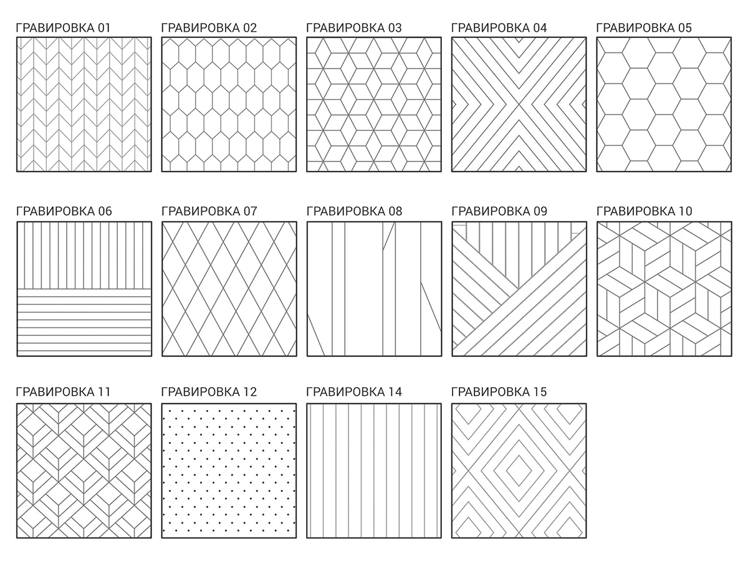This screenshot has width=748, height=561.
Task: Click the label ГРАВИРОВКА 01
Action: point(62,27)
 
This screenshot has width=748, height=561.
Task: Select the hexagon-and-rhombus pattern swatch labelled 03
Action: point(374,104)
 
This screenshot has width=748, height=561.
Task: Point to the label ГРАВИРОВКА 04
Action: point(499,27)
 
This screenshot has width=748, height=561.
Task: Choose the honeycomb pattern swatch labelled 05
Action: point(664,104)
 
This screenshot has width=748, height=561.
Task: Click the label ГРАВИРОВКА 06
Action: point(64,211)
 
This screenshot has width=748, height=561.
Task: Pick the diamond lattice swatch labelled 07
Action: point(229,289)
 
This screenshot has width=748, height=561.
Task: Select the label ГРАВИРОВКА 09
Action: point(499,211)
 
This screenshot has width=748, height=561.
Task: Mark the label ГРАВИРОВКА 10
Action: point(644,211)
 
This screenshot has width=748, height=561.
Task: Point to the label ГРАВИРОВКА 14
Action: point(354,391)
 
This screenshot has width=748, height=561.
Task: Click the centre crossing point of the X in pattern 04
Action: point(519,104)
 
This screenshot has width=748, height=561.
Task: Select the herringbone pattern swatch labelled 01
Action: point(84,104)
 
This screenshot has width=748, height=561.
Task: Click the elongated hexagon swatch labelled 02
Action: point(229,104)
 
